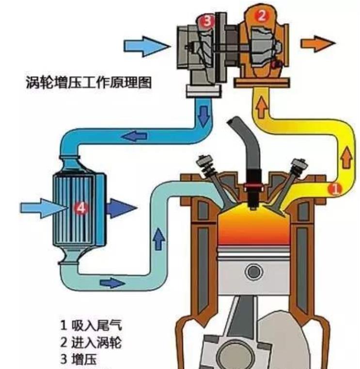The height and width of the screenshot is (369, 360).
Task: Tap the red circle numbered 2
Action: (262, 16)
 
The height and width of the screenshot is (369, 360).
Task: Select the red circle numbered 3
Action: (207, 20)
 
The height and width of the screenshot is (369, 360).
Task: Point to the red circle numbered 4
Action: (80, 208)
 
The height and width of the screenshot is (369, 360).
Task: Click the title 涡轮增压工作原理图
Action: (89, 82)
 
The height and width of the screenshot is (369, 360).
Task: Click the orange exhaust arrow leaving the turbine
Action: (318, 43)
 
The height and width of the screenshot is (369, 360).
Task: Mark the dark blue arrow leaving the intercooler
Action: (122, 209)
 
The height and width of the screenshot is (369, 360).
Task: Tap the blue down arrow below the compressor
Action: (203, 115)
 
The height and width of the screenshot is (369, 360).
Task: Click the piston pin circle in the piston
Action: (254, 272)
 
